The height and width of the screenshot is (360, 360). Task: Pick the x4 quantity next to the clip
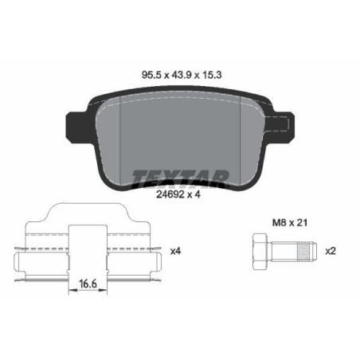[x=176, y=251]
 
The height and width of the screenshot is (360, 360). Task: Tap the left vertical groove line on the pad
[x=119, y=143]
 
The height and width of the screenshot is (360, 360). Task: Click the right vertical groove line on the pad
[x=242, y=143]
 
